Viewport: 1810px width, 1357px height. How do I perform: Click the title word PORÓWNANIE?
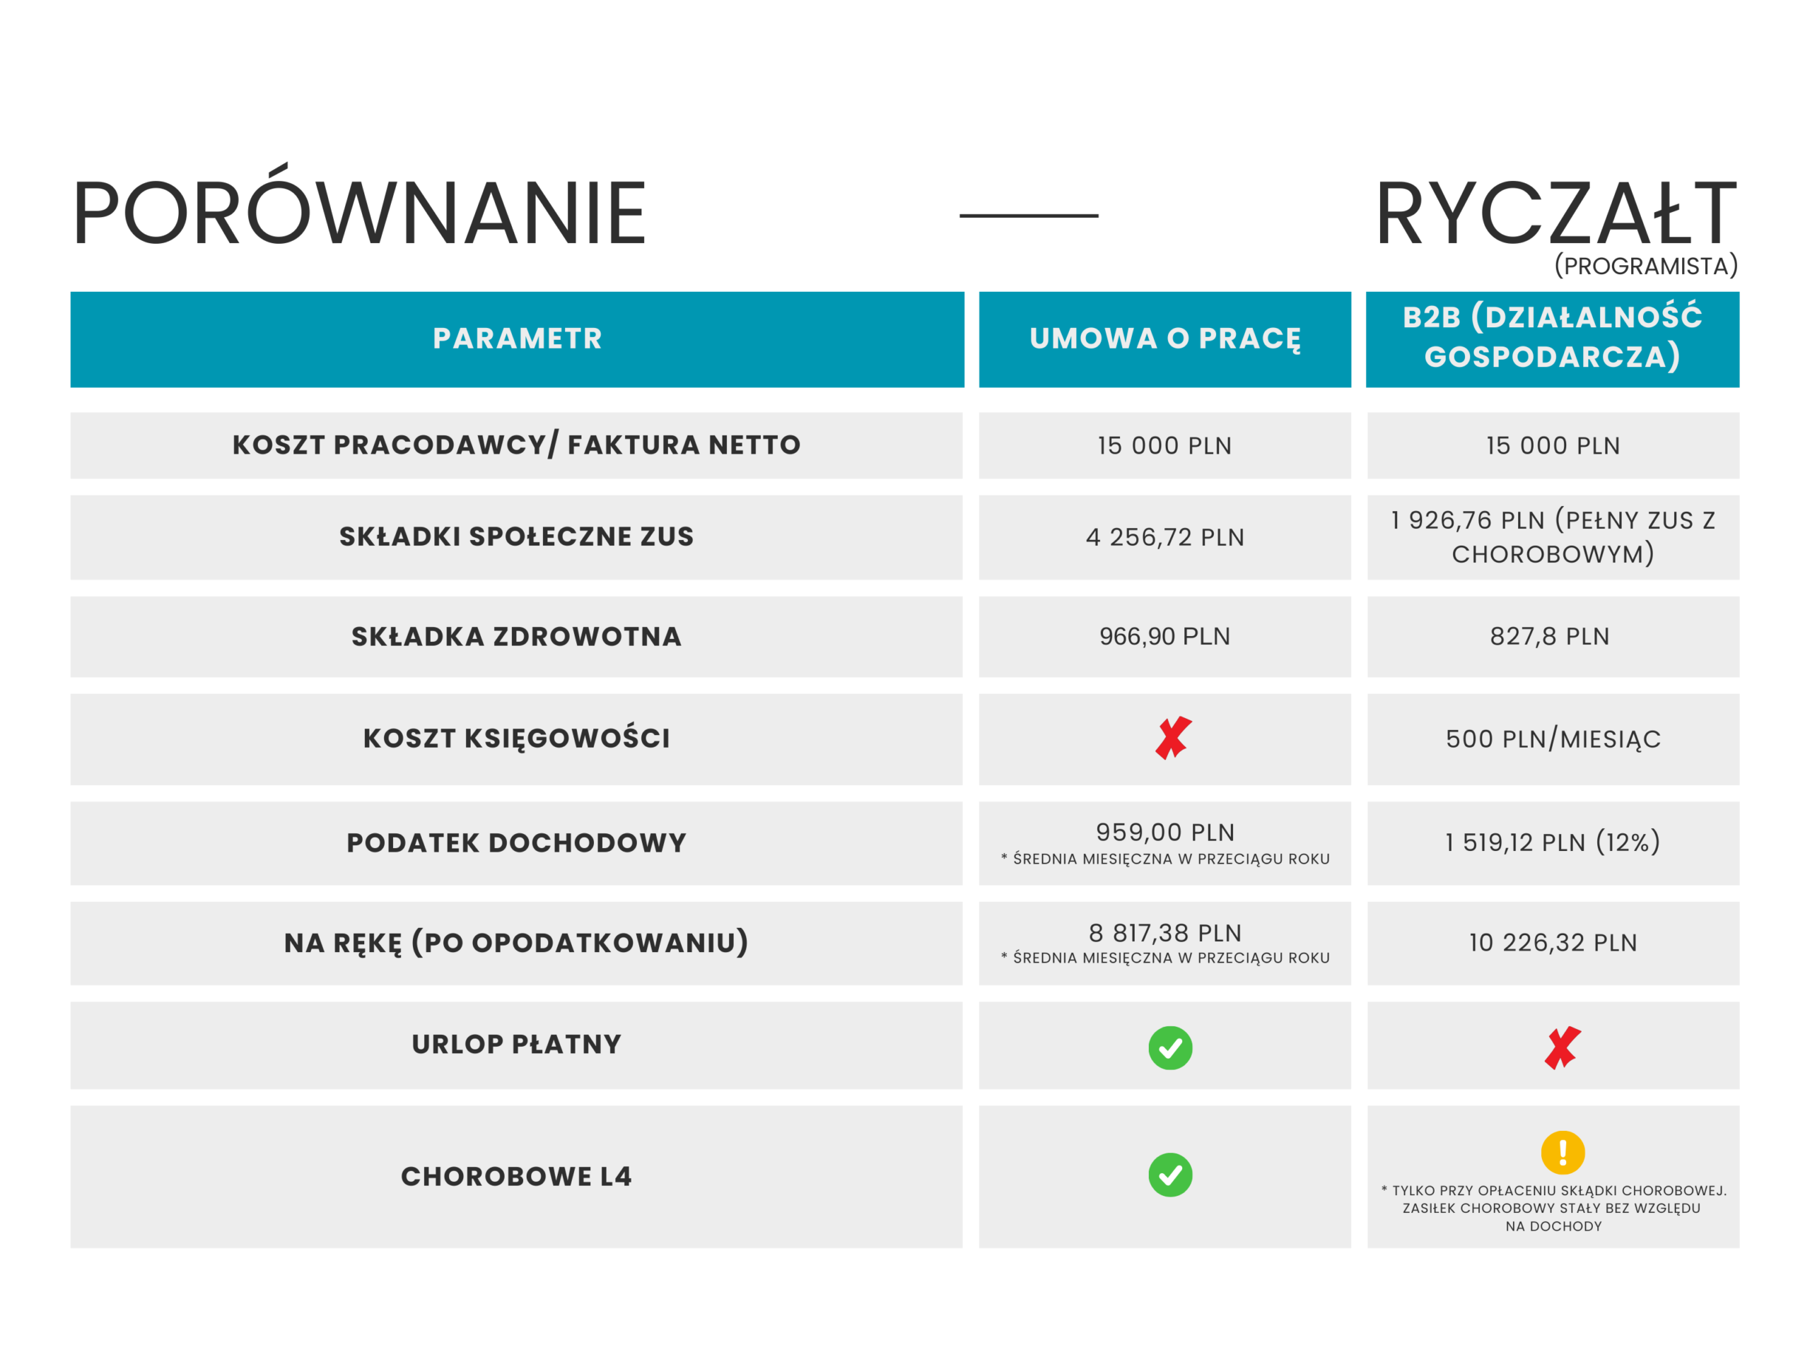359,213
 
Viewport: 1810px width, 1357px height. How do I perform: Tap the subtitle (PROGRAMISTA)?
1645,266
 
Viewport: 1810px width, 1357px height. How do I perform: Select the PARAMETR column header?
517,339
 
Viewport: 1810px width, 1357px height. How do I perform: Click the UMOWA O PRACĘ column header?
1164,339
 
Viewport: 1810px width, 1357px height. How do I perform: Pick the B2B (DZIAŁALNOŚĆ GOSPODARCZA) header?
1552,337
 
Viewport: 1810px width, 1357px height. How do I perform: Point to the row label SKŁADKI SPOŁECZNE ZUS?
516,536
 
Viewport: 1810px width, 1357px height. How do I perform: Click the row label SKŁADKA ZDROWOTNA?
516,636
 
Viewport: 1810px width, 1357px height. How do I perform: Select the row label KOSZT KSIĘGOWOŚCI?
516,738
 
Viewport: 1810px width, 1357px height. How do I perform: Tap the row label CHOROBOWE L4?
516,1176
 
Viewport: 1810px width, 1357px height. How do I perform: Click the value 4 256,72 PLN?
1164,537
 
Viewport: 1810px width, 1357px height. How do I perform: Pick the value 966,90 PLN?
1164,636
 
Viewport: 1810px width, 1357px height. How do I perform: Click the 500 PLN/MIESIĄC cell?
1552,739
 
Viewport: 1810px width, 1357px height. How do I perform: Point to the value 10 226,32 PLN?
1552,942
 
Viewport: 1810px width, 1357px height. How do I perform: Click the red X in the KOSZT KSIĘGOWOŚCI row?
1172,738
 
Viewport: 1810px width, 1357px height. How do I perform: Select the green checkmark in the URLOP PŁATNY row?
1170,1048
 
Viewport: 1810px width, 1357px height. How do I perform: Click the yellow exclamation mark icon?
1562,1153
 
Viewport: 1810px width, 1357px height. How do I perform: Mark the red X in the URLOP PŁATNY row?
1562,1048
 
